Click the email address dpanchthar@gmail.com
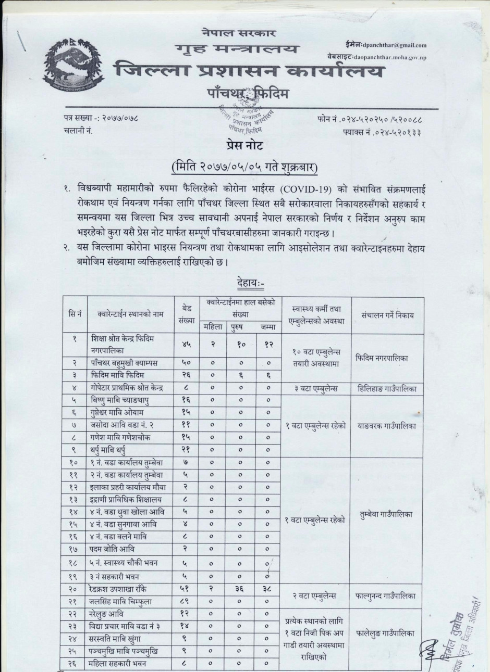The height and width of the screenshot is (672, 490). click(x=393, y=46)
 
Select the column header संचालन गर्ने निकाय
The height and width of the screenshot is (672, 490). click(x=387, y=315)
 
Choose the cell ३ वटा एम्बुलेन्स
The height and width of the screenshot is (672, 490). click(x=315, y=387)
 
